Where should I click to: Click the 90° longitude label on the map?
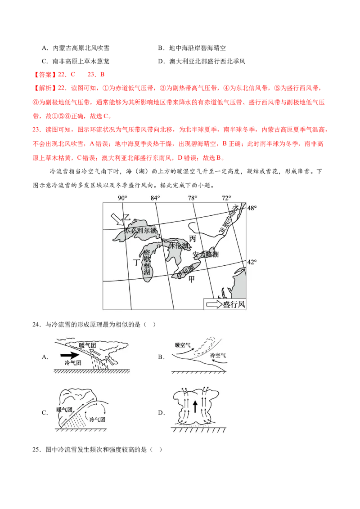coord(122,198)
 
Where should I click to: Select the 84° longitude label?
coord(155,198)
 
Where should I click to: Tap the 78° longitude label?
coord(192,198)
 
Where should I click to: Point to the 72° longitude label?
coord(226,198)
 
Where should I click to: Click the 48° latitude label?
coord(252,208)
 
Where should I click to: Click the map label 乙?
coord(127,217)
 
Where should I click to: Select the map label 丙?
coord(193,238)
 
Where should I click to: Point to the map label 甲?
coord(192,279)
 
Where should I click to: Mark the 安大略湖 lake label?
coord(206,254)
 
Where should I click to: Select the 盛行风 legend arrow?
coord(214,305)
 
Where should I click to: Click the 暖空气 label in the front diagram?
coord(183,345)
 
